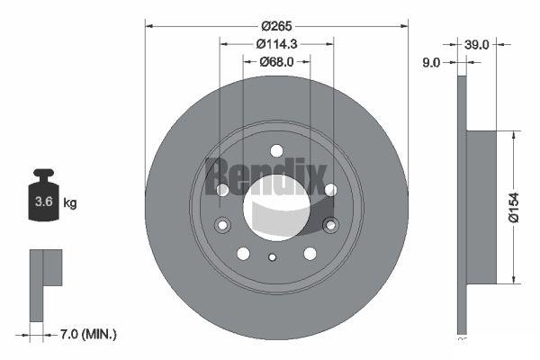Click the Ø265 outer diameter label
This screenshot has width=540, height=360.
[x=276, y=26]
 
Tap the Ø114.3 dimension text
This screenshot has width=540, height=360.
[x=276, y=44]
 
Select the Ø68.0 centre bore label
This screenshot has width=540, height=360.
[x=276, y=62]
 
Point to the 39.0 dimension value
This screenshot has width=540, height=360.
[x=476, y=44]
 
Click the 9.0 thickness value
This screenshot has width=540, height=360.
[x=431, y=63]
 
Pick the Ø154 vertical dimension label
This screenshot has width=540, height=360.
[x=514, y=207]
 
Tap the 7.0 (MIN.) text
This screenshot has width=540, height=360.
[x=88, y=334]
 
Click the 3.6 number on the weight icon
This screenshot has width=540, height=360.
[x=44, y=202]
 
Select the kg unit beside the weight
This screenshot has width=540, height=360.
[x=70, y=203]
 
